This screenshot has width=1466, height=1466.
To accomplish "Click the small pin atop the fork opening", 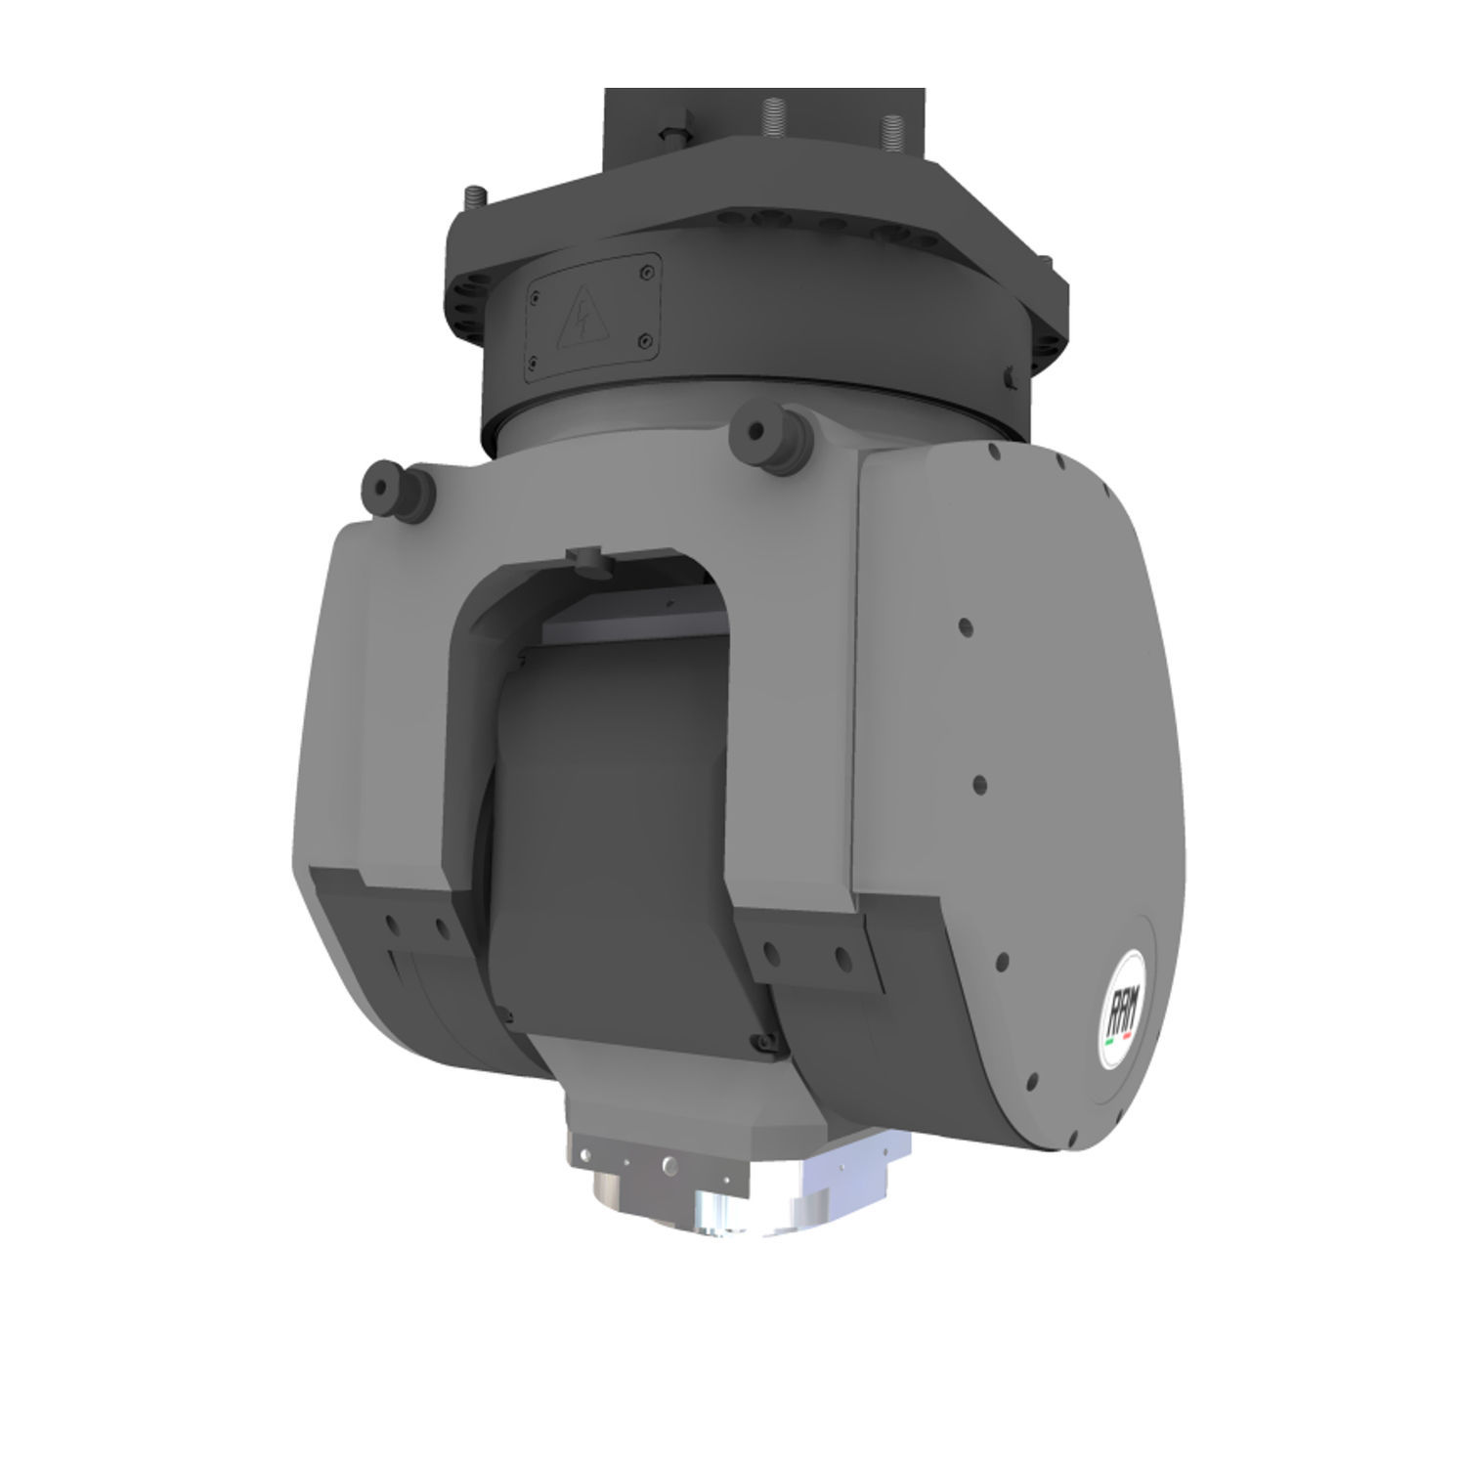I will (x=585, y=558).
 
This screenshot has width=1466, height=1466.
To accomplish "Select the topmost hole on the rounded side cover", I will (x=993, y=452).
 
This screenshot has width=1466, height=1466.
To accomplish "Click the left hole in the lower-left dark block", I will (x=391, y=924).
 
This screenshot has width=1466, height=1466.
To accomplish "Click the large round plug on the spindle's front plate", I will (x=668, y=1164).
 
